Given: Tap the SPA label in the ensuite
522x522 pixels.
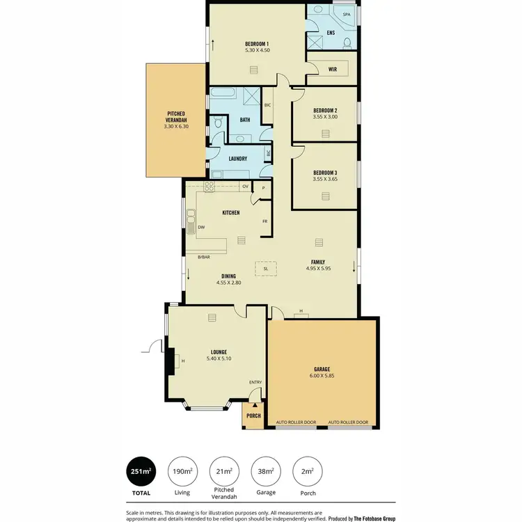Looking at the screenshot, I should coord(346,14).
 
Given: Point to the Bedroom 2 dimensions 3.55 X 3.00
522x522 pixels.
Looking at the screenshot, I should coord(325,117).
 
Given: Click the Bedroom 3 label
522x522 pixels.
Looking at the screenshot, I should coord(325,172).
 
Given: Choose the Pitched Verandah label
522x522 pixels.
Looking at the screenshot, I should coord(176,116).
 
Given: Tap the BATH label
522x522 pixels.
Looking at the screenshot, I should coord(245,120).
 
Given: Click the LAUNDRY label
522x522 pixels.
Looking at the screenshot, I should coord(238,159).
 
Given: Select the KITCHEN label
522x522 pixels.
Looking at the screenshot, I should coord(231,212).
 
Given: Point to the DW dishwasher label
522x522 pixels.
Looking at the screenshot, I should coord(200,227).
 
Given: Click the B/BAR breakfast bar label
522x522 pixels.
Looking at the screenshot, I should coord(204,258).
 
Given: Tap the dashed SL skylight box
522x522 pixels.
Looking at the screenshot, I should coord(265,268).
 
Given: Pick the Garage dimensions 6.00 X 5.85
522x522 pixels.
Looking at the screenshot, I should coord(321,376).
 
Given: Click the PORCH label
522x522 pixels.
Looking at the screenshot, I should coord(253,416).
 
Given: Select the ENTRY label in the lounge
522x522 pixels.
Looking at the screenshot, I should coord(255,382).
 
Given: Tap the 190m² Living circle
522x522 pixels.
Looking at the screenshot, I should coord(182,472).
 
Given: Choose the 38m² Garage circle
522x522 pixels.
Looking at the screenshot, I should coord(266,472).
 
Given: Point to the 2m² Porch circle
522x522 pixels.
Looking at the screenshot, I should coord(307,472).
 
